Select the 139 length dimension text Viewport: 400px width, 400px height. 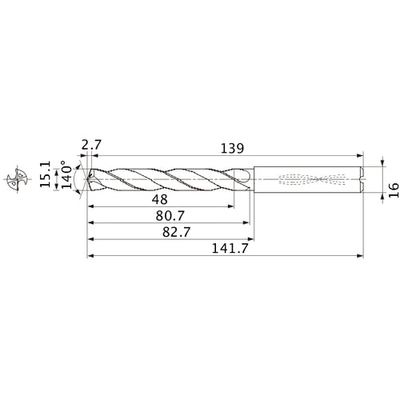click(x=232, y=149)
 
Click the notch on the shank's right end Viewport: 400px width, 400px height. click(x=362, y=179)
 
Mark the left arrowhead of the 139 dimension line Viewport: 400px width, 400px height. click(x=100, y=156)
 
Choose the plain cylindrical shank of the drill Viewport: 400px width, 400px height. click(x=272, y=179)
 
